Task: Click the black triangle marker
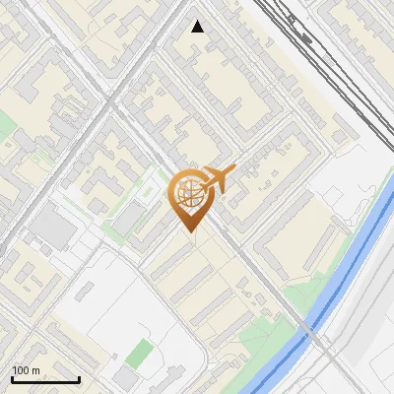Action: pos(198,27)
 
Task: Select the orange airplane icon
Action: pos(218,181)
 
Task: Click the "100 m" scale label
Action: pos(26,370)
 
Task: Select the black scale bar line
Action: pos(45,379)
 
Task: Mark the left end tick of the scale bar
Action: pos(12,378)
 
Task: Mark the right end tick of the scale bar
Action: pos(79,378)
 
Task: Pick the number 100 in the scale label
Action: pos(21,370)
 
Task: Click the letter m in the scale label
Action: pos(35,370)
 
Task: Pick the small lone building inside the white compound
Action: pos(85,292)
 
